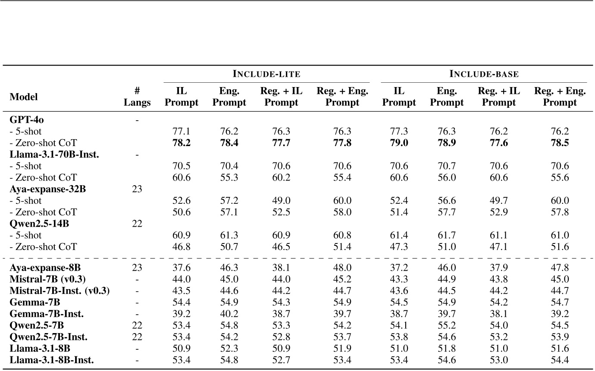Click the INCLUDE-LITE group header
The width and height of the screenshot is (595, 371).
pyautogui.click(x=266, y=74)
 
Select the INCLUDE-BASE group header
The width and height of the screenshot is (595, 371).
pyautogui.click(x=484, y=74)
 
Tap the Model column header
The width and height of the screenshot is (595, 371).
pyautogui.click(x=24, y=97)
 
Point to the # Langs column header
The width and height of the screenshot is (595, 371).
pyautogui.click(x=137, y=97)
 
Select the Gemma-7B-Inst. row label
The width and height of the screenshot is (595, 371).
pyautogui.click(x=47, y=314)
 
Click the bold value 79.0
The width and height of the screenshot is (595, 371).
pyautogui.click(x=399, y=143)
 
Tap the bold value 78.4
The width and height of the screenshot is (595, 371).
pyautogui.click(x=229, y=143)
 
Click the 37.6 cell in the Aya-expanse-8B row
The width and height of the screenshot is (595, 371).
pyautogui.click(x=182, y=267)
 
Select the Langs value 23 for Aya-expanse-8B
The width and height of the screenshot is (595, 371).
pyautogui.click(x=137, y=267)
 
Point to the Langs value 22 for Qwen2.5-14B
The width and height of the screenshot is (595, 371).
pyautogui.click(x=137, y=224)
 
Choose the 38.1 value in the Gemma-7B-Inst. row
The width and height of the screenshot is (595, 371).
pyautogui.click(x=498, y=314)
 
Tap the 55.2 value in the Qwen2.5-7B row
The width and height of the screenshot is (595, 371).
pyautogui.click(x=447, y=325)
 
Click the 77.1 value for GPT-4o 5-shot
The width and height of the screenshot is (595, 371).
pyautogui.click(x=182, y=131)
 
